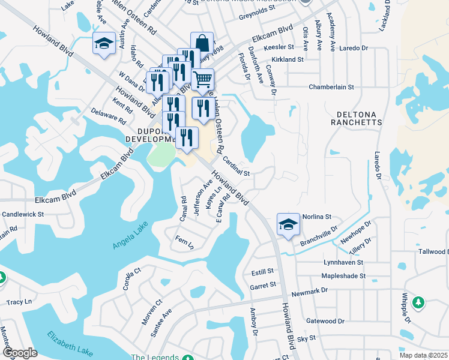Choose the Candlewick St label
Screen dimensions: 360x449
[23, 214]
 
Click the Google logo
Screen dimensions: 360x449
[20, 353]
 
